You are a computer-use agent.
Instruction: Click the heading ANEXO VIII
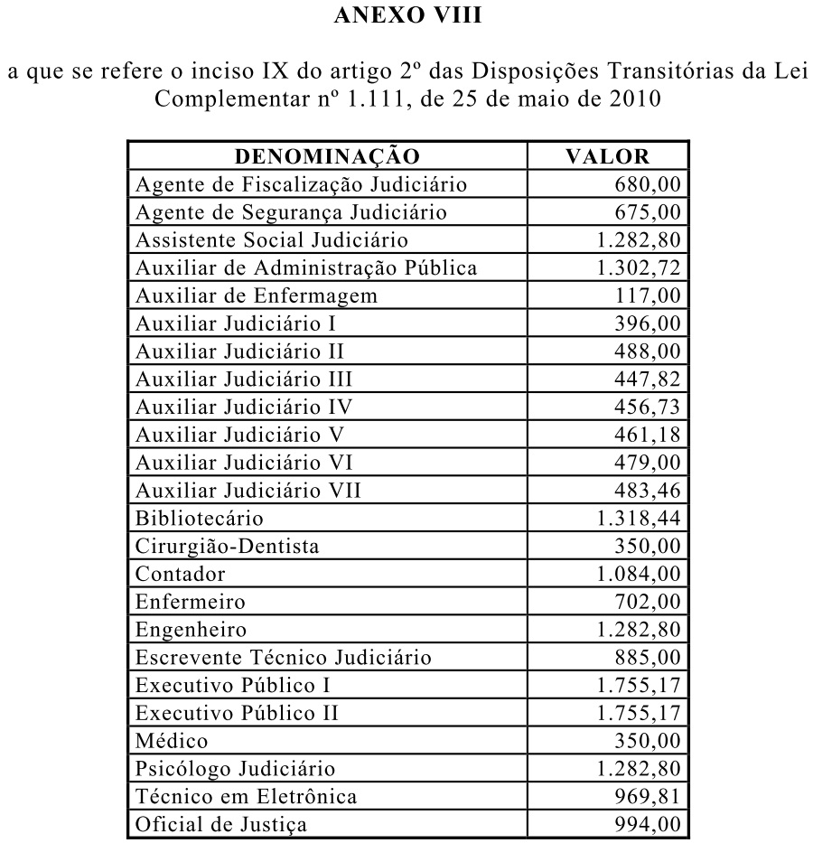(406, 15)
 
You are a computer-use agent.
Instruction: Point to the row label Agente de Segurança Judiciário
(291, 212)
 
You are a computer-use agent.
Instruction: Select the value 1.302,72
(638, 267)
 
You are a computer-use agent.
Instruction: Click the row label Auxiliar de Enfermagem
(257, 295)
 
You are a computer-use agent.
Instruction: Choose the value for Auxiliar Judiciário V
(647, 435)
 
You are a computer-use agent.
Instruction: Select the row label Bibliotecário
(200, 519)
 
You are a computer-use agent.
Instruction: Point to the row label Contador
(181, 574)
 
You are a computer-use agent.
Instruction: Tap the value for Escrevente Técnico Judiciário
(647, 657)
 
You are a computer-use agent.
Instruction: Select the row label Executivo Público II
(238, 713)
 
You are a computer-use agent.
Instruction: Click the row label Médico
(173, 741)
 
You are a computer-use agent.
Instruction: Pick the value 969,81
(647, 796)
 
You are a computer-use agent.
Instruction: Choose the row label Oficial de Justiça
(221, 824)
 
